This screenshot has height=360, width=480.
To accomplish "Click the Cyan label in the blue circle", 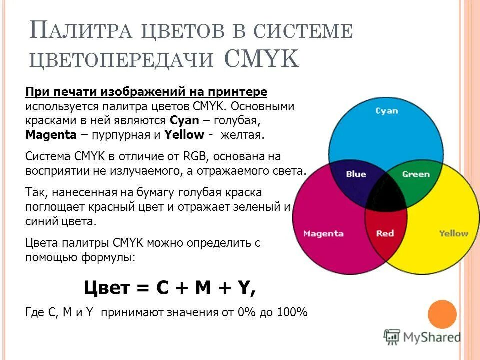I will coord(386,110).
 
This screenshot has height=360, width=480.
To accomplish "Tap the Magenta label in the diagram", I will coord(323,233).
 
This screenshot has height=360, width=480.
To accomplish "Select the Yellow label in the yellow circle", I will coord(453,233).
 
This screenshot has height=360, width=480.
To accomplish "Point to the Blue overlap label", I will coord(356,174).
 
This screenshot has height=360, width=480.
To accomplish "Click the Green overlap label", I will coord(416,174).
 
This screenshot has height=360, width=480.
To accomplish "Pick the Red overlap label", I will coord(385,233).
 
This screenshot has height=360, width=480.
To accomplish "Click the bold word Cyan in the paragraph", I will coord(184,120).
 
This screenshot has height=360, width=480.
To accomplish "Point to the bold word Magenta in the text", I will coord(51,135).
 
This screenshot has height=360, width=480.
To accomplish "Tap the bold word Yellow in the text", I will coord(184,135).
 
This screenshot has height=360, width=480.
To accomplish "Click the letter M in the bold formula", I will coord(202,288).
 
